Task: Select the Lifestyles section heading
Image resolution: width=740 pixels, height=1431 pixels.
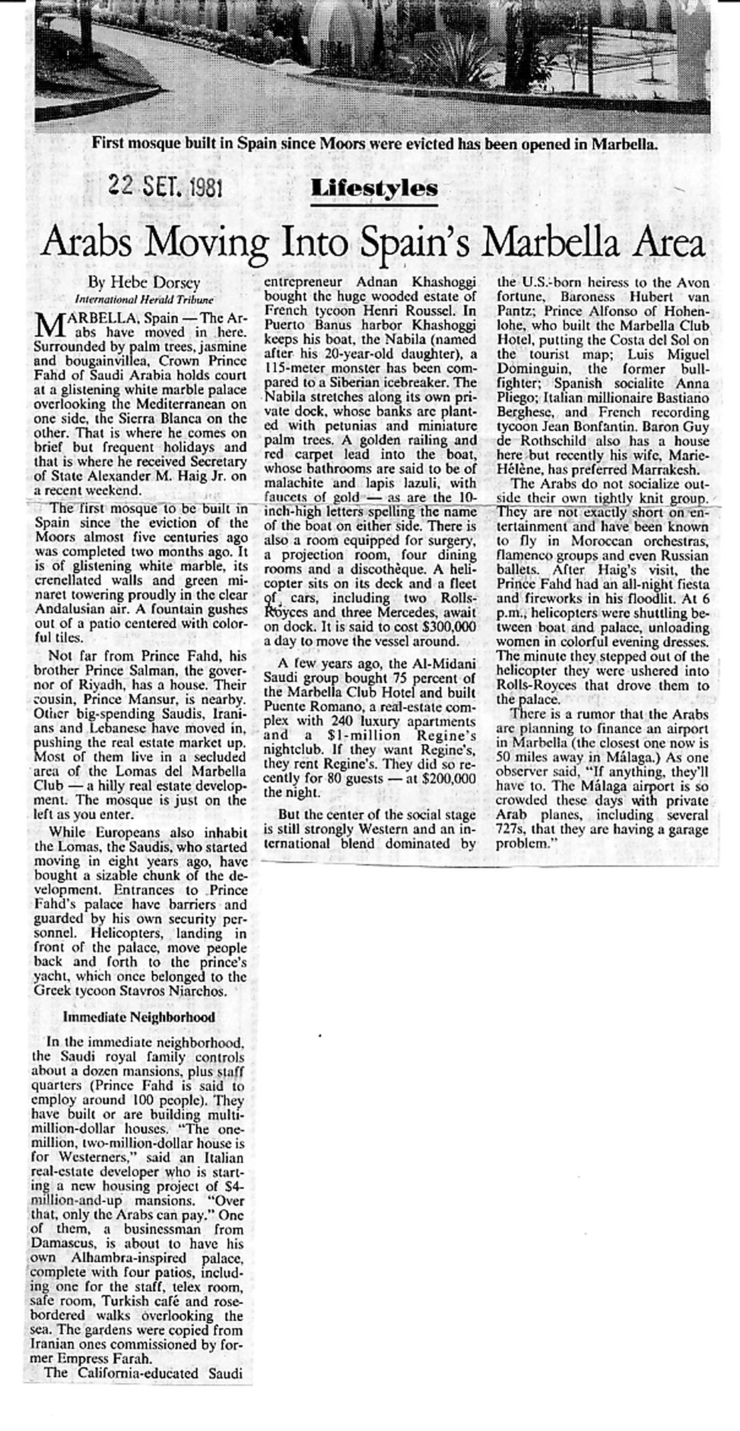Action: coord(374,188)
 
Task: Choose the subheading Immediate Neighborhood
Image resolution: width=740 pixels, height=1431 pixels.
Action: coord(139,1016)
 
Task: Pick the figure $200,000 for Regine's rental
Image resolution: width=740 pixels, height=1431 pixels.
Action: coord(450,778)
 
